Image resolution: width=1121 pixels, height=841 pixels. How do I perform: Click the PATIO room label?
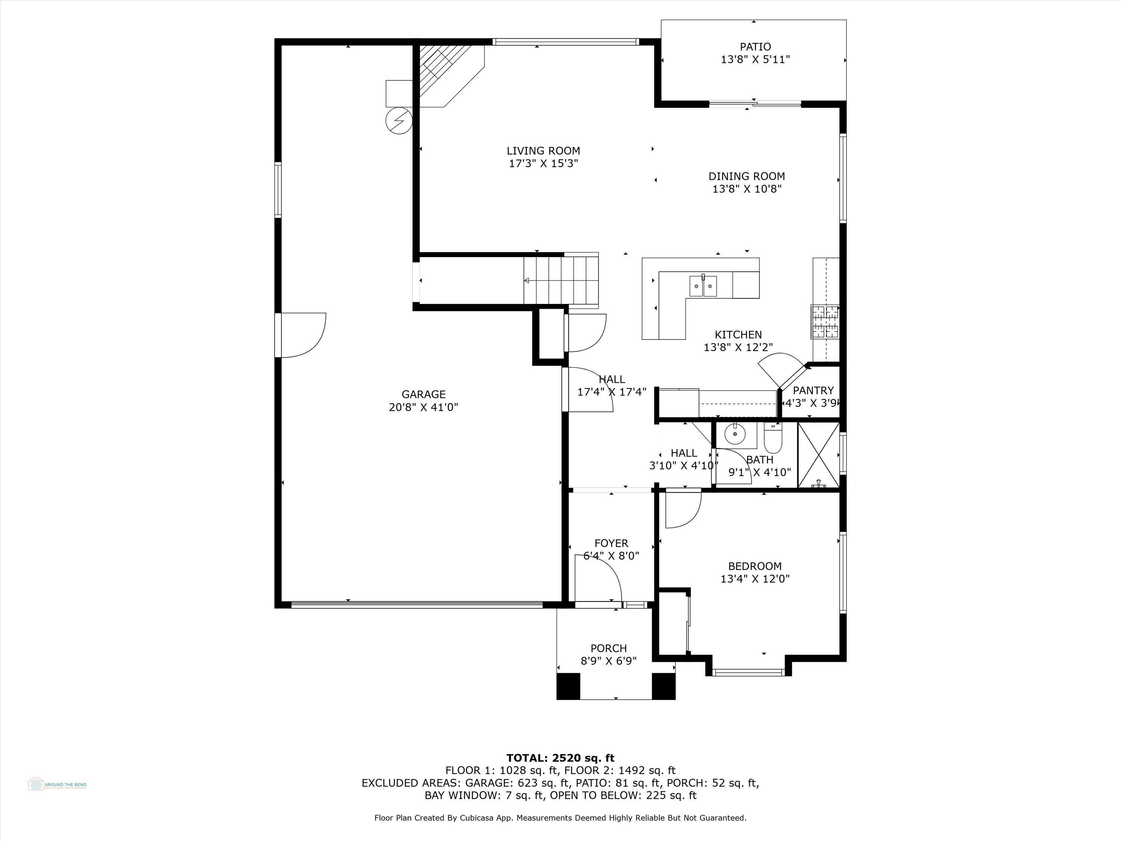click(x=754, y=47)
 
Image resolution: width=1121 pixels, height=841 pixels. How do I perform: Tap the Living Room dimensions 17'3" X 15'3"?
click(x=543, y=164)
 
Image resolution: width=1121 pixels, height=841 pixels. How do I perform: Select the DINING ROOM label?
click(x=747, y=176)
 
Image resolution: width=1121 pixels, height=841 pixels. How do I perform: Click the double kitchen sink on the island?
click(x=703, y=286)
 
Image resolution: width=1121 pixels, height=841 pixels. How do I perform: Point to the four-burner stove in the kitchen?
click(x=825, y=321)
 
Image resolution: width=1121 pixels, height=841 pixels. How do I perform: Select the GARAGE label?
click(x=423, y=394)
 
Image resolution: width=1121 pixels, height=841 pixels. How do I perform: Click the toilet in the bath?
click(x=773, y=440)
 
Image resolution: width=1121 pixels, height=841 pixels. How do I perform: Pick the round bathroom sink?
click(x=733, y=434)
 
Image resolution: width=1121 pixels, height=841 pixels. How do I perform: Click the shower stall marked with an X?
click(x=818, y=455)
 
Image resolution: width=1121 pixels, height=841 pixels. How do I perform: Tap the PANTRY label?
click(x=813, y=390)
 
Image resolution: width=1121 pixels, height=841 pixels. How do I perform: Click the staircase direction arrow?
click(x=527, y=280)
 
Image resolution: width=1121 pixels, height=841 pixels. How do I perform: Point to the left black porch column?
click(x=568, y=686)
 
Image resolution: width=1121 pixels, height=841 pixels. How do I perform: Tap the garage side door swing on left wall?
click(x=303, y=335)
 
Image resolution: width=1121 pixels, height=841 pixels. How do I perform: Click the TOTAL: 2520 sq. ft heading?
click(x=560, y=758)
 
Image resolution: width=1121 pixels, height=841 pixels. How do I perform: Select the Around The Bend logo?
click(x=57, y=784)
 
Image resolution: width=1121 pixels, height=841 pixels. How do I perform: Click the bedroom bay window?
click(x=748, y=673)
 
